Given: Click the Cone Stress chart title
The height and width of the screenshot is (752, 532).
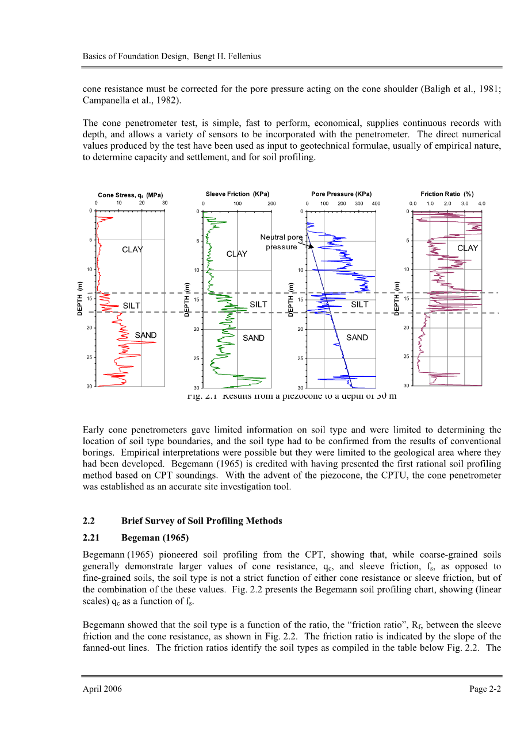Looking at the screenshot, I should click(x=130, y=195).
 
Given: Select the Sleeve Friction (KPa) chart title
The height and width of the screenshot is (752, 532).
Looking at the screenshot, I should click(x=237, y=194).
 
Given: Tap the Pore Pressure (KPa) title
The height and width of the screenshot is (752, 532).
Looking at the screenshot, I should click(x=341, y=194).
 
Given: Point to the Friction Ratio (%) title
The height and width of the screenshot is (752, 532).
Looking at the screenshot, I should click(x=447, y=194).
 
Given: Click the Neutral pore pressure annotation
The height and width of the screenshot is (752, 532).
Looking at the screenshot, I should click(x=281, y=242).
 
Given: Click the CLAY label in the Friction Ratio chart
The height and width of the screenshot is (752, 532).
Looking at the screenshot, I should click(x=468, y=248).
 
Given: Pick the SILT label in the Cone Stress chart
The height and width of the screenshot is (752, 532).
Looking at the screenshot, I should click(x=132, y=306).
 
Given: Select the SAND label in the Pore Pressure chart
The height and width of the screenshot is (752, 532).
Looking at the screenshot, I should click(x=357, y=338).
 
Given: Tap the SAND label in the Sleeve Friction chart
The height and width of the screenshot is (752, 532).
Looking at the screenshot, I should click(x=253, y=338).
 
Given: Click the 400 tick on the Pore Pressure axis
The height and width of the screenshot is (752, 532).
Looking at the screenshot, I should click(x=376, y=203).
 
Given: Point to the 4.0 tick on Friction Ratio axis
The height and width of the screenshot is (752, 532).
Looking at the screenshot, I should click(x=481, y=203).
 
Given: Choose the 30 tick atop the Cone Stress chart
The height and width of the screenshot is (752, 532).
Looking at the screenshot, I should click(x=164, y=203).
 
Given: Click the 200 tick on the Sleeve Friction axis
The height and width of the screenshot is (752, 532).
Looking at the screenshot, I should click(x=271, y=203).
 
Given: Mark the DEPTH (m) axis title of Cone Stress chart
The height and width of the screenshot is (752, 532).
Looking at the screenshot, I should click(x=80, y=298).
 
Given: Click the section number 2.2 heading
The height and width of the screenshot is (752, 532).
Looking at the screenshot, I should click(x=89, y=521).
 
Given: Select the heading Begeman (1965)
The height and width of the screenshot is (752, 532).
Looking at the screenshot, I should click(x=155, y=538).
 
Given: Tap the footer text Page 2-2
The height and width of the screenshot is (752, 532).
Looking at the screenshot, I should click(x=485, y=689).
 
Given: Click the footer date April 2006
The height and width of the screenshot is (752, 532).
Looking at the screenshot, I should click(x=102, y=689).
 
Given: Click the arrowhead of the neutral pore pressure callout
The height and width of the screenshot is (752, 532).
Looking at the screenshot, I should click(x=311, y=246).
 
